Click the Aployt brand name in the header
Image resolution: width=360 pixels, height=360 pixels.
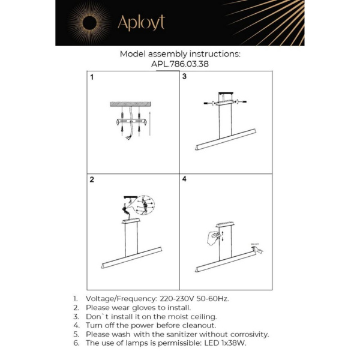pyautogui.click(x=140, y=23)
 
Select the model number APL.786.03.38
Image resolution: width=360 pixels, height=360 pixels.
pyautogui.click(x=180, y=64)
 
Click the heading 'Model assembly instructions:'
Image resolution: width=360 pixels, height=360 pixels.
pyautogui.click(x=180, y=53)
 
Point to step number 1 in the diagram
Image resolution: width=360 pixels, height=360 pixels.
pyautogui.click(x=92, y=77)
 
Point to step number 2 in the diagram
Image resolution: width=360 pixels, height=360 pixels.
pyautogui.click(x=92, y=179)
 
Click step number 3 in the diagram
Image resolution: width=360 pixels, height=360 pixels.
pyautogui.click(x=185, y=77)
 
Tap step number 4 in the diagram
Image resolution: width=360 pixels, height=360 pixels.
pyautogui.click(x=185, y=179)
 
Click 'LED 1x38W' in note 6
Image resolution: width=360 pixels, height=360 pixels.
pyautogui.click(x=225, y=343)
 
